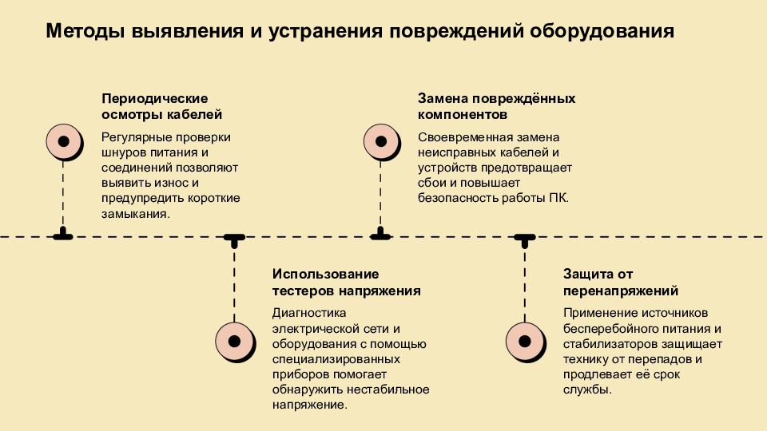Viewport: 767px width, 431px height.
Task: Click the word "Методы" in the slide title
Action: (85, 32)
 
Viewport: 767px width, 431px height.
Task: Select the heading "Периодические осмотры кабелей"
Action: (154, 106)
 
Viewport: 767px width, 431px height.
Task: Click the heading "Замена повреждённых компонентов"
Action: (496, 106)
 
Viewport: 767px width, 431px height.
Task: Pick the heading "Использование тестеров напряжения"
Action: (346, 283)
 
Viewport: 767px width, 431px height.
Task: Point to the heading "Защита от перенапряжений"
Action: (620, 283)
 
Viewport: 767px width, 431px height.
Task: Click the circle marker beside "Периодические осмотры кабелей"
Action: (63, 141)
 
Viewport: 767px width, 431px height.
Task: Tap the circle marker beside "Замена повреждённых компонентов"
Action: (381, 141)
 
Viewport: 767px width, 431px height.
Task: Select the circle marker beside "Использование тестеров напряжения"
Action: (234, 341)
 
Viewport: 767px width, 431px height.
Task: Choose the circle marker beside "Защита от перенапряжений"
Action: (525, 341)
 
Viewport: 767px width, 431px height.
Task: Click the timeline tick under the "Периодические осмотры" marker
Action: (63, 235)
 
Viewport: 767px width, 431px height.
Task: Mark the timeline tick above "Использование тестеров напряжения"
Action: (234, 238)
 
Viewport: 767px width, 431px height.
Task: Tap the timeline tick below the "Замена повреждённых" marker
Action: (381, 235)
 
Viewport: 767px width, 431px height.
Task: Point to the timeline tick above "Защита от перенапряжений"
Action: (525, 238)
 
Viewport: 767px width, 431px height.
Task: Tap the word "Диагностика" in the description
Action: (306, 313)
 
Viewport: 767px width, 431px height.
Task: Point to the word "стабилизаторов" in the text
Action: (608, 344)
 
